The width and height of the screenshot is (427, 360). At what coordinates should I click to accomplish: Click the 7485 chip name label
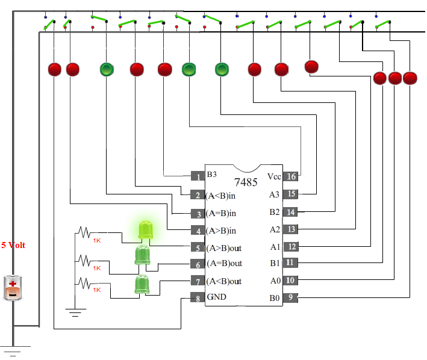click(x=246, y=182)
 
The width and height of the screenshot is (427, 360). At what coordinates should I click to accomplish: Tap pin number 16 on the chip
click(x=291, y=176)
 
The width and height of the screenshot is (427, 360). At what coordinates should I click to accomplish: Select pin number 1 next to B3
click(x=198, y=176)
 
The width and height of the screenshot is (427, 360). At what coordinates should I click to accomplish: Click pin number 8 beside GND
click(x=198, y=298)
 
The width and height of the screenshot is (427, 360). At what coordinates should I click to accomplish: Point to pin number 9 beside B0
click(x=290, y=297)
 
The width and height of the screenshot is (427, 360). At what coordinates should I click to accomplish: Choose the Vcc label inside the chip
click(x=274, y=176)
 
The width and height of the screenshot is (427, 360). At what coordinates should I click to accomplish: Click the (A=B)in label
click(x=221, y=213)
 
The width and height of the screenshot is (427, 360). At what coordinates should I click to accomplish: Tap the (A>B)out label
click(x=224, y=248)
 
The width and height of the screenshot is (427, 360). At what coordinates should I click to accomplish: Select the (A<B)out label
click(x=224, y=281)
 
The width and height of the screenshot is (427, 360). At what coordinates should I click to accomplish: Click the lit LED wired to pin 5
click(x=146, y=230)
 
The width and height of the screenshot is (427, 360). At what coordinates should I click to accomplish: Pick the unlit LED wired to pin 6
click(x=142, y=255)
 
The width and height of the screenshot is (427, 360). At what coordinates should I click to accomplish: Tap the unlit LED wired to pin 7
click(x=142, y=284)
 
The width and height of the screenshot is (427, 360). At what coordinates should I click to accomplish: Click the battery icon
click(x=13, y=288)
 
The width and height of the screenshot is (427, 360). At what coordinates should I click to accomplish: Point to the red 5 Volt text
click(x=13, y=245)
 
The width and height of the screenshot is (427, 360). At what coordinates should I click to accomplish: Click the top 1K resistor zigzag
click(x=84, y=232)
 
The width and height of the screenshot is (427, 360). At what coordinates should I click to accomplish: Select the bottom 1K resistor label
click(x=97, y=290)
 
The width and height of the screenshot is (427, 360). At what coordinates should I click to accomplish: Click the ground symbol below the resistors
click(x=75, y=312)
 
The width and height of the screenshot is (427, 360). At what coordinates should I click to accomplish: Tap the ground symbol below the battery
click(x=13, y=351)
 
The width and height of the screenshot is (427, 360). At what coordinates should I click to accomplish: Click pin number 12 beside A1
click(x=291, y=247)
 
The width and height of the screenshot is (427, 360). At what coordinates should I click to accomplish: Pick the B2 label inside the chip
click(x=275, y=212)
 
